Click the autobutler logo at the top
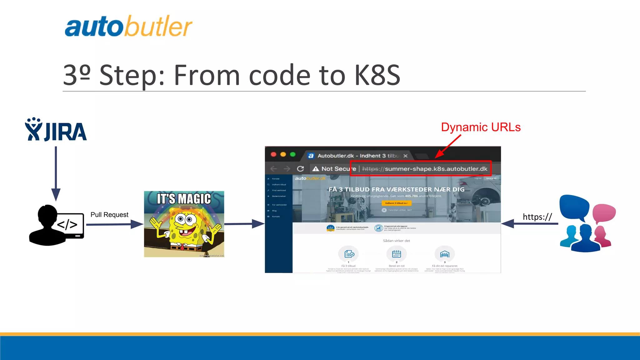(128, 27)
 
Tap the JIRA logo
(56, 130)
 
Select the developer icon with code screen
(56, 225)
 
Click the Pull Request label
(109, 215)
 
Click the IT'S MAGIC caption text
(184, 199)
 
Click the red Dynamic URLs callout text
(481, 127)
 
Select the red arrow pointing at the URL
(448, 146)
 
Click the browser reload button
(300, 169)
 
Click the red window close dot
(273, 154)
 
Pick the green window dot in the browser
(293, 154)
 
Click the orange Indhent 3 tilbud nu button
(396, 203)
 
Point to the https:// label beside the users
(537, 217)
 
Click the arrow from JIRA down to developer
(56, 173)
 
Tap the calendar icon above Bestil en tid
(397, 254)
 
